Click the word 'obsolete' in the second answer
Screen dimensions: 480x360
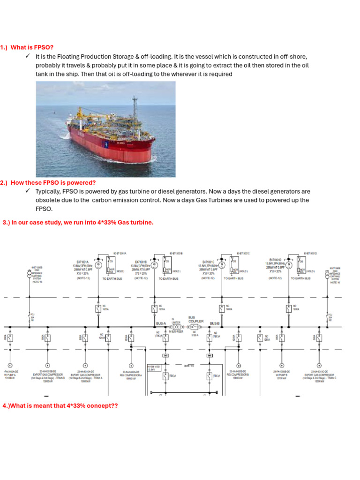click(47, 200)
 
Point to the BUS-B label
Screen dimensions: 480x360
click(214, 323)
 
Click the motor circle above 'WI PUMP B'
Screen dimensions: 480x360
click(282, 365)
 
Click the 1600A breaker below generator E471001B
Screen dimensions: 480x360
click(154, 308)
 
